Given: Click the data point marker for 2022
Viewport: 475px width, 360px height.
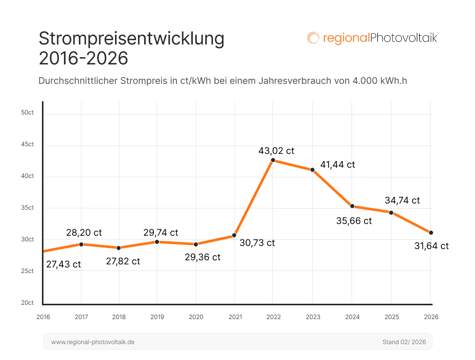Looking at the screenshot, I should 273,160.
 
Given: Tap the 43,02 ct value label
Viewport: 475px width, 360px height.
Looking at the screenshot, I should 276,151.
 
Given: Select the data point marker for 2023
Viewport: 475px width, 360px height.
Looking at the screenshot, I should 312,170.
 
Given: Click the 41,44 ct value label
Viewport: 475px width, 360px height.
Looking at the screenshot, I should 337,165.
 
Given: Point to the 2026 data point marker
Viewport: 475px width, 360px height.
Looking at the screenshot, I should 431,233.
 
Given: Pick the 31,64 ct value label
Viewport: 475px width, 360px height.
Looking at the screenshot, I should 431,246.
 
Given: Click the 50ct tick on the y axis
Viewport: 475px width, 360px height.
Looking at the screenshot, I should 28,112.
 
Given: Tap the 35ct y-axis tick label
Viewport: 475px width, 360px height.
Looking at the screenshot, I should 28,208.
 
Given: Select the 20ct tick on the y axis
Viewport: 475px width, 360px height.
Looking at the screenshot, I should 28,303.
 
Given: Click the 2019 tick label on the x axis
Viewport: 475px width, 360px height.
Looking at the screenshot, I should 157,317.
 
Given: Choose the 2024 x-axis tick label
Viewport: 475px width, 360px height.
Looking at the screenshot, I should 352,317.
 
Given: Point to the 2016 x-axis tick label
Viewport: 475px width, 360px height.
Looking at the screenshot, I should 43,317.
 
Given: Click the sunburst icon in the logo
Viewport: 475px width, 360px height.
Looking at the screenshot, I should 313,38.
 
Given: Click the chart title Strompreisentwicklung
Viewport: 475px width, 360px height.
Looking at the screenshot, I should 132,39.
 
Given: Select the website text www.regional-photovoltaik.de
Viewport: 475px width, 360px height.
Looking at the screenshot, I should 93,342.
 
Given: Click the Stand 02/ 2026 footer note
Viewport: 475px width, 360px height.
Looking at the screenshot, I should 404,342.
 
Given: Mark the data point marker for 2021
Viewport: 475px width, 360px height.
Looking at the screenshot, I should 234,235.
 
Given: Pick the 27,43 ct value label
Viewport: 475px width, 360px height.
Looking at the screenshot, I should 63,264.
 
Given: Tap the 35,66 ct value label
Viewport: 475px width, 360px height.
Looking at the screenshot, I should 354,221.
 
